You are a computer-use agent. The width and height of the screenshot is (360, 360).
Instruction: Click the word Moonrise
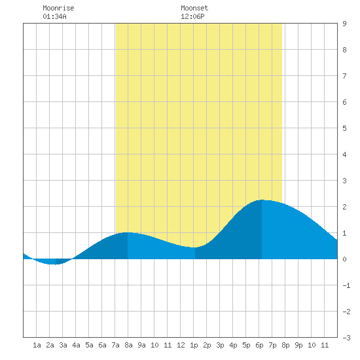[x=58, y=8]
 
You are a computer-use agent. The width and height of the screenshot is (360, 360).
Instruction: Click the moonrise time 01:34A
[x=54, y=16]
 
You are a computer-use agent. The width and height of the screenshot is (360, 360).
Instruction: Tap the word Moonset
[x=194, y=8]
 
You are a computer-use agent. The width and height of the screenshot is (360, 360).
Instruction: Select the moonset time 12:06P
[x=192, y=16]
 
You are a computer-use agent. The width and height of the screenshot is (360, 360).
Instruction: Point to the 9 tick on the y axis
[x=344, y=24]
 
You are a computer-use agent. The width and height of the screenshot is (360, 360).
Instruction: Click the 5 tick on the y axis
[x=344, y=128]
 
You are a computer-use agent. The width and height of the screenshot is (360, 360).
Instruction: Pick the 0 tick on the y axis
[x=344, y=259]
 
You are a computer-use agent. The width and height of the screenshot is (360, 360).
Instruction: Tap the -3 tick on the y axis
[x=346, y=338]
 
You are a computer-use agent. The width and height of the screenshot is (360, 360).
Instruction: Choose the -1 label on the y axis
[x=346, y=285]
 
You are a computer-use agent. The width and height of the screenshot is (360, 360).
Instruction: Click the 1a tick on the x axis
[x=37, y=345]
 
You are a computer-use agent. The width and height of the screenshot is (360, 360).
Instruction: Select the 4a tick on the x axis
[x=76, y=345]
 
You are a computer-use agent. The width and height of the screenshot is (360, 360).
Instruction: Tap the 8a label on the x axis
[x=128, y=345]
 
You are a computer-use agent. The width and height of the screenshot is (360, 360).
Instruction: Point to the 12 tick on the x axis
[x=181, y=345]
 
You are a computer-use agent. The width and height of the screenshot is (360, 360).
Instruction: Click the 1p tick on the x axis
[x=194, y=345]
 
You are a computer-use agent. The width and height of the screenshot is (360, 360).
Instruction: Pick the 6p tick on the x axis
[x=259, y=345]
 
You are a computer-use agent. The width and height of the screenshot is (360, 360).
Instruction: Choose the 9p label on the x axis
[x=298, y=345]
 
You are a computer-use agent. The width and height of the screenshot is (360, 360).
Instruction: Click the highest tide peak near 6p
[x=262, y=200]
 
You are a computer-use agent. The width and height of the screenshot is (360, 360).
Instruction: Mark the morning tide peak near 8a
[x=128, y=232]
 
